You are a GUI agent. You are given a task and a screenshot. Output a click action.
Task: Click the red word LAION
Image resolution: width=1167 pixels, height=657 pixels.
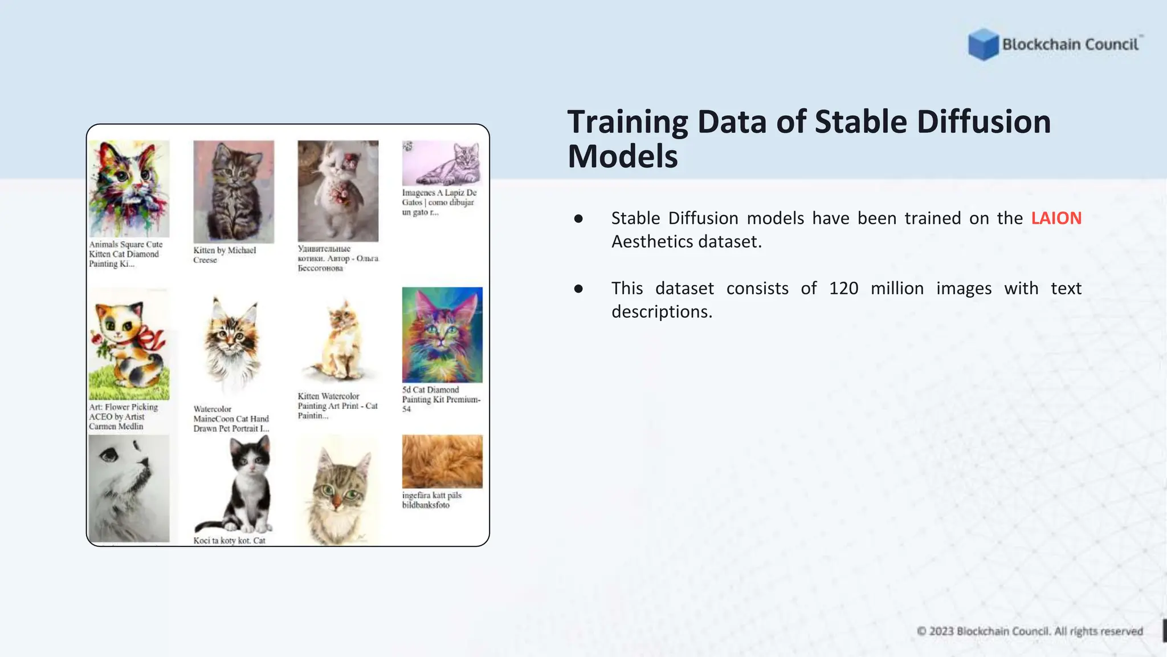click(1056, 218)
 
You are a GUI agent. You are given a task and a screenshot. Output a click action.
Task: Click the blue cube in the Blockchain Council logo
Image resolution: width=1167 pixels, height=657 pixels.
click(983, 44)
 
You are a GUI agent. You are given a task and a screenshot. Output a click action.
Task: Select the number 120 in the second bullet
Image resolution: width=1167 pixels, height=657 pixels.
click(843, 289)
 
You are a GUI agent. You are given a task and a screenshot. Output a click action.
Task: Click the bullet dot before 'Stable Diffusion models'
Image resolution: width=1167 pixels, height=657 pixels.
click(578, 218)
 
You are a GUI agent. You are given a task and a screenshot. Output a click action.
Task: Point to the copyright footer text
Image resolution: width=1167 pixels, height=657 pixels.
click(1030, 631)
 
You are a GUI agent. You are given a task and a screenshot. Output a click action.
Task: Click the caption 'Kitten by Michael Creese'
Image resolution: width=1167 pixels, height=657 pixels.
click(225, 255)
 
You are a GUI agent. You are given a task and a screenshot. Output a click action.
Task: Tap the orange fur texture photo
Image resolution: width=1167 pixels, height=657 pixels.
click(442, 461)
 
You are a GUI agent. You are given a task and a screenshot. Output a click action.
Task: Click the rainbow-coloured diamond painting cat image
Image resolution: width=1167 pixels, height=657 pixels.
click(442, 335)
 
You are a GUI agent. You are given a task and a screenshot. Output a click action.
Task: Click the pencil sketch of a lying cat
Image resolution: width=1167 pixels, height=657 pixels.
click(442, 163)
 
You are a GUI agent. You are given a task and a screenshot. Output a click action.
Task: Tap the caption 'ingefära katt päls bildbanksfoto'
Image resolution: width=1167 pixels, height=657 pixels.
click(431, 500)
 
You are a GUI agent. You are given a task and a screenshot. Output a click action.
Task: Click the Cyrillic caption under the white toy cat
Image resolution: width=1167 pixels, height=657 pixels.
click(337, 258)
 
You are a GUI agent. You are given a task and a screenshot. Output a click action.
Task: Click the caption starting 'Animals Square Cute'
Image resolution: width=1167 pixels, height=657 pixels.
click(125, 254)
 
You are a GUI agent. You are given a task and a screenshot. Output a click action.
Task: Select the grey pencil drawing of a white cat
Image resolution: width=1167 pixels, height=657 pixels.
click(129, 488)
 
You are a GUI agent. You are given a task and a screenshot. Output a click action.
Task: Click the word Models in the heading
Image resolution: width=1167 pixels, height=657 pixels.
click(622, 157)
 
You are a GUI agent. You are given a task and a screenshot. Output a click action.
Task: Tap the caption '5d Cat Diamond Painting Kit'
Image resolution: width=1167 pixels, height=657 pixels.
click(441, 399)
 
